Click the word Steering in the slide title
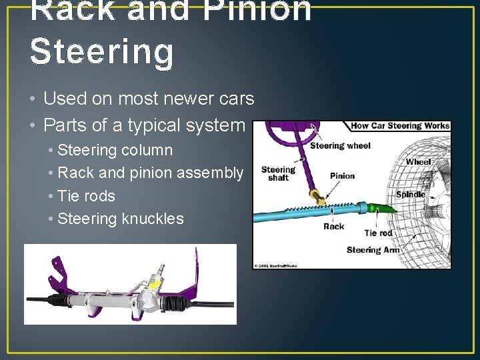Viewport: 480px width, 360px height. pos(101,52)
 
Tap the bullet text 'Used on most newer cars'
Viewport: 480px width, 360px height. pos(149,99)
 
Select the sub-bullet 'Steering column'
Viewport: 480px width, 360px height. pos(115,150)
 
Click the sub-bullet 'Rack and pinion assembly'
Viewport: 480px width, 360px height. pos(151,173)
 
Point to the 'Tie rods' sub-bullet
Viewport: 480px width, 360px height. pos(87,196)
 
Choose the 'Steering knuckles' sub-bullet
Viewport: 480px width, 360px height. pos(121,219)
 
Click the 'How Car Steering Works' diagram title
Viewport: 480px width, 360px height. pos(400,126)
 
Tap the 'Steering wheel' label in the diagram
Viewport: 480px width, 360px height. pos(340,145)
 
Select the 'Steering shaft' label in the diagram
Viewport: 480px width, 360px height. pos(278,173)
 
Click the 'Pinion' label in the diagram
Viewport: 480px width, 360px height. pos(342,176)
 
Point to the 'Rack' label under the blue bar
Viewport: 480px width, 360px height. pos(333,227)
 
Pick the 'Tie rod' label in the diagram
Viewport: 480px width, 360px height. pos(378,233)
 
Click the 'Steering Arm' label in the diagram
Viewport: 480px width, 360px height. pos(373,250)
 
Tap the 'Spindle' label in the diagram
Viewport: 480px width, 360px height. pos(410,195)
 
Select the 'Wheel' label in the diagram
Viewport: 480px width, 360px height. pos(418,162)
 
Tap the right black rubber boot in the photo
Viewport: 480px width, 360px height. pos(175,304)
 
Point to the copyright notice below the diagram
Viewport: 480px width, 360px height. pos(275,266)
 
